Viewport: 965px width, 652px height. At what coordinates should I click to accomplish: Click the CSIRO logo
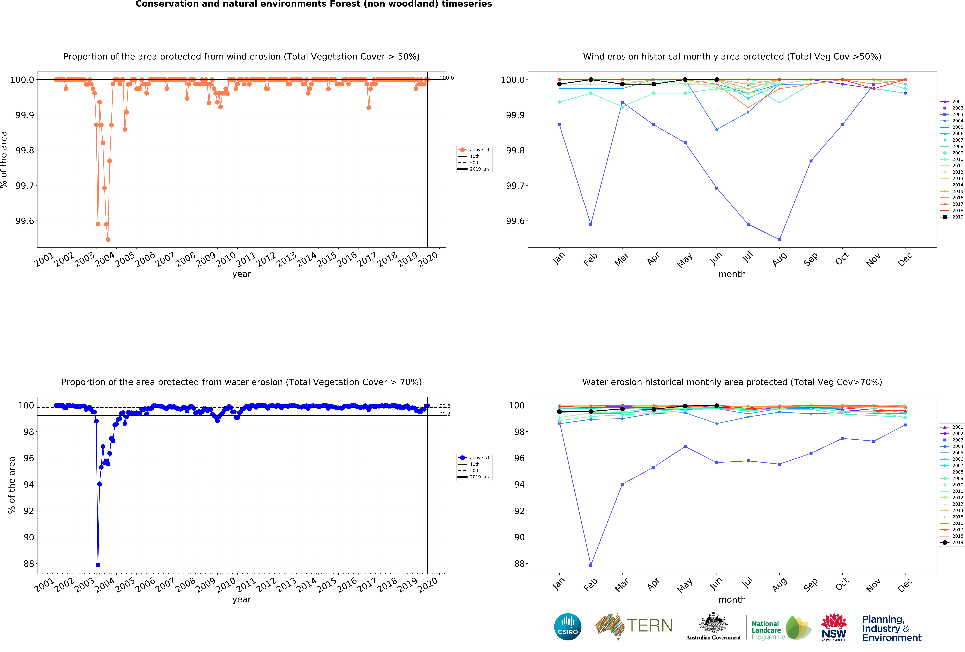[568, 627]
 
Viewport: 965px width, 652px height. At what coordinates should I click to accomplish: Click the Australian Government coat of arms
[713, 623]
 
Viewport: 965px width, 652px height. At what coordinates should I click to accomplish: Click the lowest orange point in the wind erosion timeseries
[108, 240]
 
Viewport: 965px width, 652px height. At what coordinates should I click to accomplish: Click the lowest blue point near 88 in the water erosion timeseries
[98, 565]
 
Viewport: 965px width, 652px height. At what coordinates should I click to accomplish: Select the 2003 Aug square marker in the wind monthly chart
[779, 240]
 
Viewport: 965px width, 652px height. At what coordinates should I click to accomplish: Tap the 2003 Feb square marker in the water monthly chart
[591, 565]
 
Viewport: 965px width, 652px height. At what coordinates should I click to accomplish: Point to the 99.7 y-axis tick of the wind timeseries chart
[25, 186]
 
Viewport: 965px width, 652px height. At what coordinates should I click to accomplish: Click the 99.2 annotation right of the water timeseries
[445, 414]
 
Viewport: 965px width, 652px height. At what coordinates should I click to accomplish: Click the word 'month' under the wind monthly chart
[732, 274]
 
